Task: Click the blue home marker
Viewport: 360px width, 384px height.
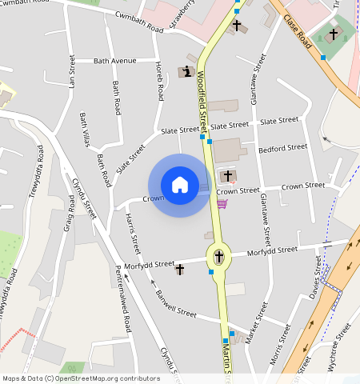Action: pyautogui.click(x=180, y=186)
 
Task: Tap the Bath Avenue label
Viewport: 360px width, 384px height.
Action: pyautogui.click(x=115, y=61)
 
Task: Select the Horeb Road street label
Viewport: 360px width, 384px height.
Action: pyautogui.click(x=158, y=80)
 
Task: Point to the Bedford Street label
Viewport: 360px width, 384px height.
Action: pyautogui.click(x=283, y=147)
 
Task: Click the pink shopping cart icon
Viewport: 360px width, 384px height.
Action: pyautogui.click(x=222, y=204)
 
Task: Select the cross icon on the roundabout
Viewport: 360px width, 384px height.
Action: pyautogui.click(x=218, y=258)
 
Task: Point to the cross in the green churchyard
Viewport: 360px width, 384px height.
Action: pyautogui.click(x=333, y=34)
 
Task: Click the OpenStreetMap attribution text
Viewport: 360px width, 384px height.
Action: pyautogui.click(x=81, y=378)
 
